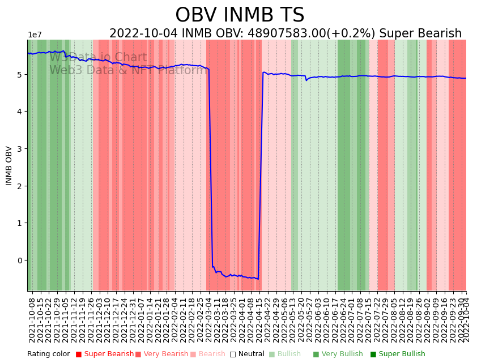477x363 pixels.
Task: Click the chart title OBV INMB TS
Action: click(240, 15)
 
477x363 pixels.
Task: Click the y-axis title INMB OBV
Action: click(9, 165)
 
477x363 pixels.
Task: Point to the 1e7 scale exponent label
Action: click(35, 35)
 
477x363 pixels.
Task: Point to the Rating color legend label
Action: click(48, 354)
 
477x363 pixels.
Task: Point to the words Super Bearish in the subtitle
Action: click(420, 34)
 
